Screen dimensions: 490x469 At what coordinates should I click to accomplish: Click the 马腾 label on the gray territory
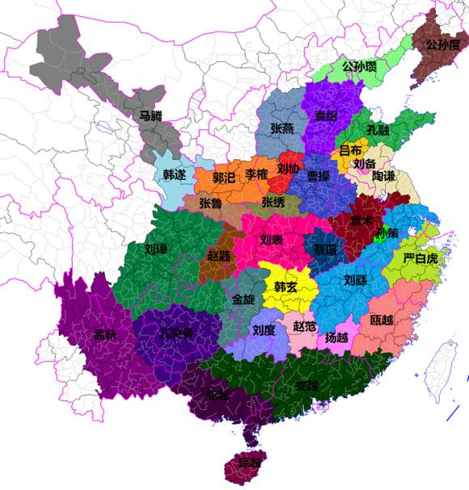click(150, 116)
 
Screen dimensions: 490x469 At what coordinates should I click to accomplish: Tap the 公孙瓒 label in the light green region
click(359, 67)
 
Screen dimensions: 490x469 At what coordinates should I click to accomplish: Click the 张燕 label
click(282, 128)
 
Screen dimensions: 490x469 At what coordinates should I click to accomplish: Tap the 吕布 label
click(350, 150)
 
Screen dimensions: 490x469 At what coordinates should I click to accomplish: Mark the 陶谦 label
click(384, 175)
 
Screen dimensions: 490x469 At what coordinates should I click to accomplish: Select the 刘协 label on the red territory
click(288, 170)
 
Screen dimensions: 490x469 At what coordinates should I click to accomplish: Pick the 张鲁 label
click(211, 203)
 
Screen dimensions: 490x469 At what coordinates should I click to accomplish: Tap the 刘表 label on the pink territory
click(272, 240)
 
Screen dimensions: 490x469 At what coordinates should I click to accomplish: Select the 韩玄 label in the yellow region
click(285, 287)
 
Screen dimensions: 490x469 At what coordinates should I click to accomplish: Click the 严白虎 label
click(420, 258)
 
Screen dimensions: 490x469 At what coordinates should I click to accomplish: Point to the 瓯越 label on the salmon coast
click(382, 320)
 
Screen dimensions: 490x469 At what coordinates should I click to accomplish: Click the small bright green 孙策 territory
click(381, 235)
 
